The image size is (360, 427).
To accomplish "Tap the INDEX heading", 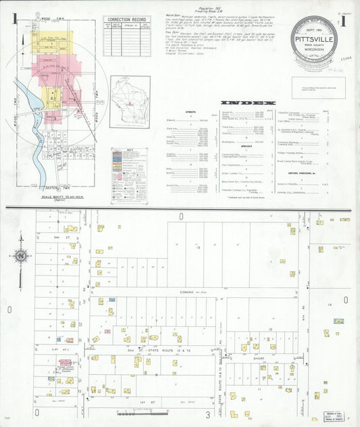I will (248, 103).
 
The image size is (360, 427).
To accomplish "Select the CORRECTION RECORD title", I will (127, 20).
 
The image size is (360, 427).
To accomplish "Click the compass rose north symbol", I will (21, 256).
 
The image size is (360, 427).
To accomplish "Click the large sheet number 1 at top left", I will (14, 18).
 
